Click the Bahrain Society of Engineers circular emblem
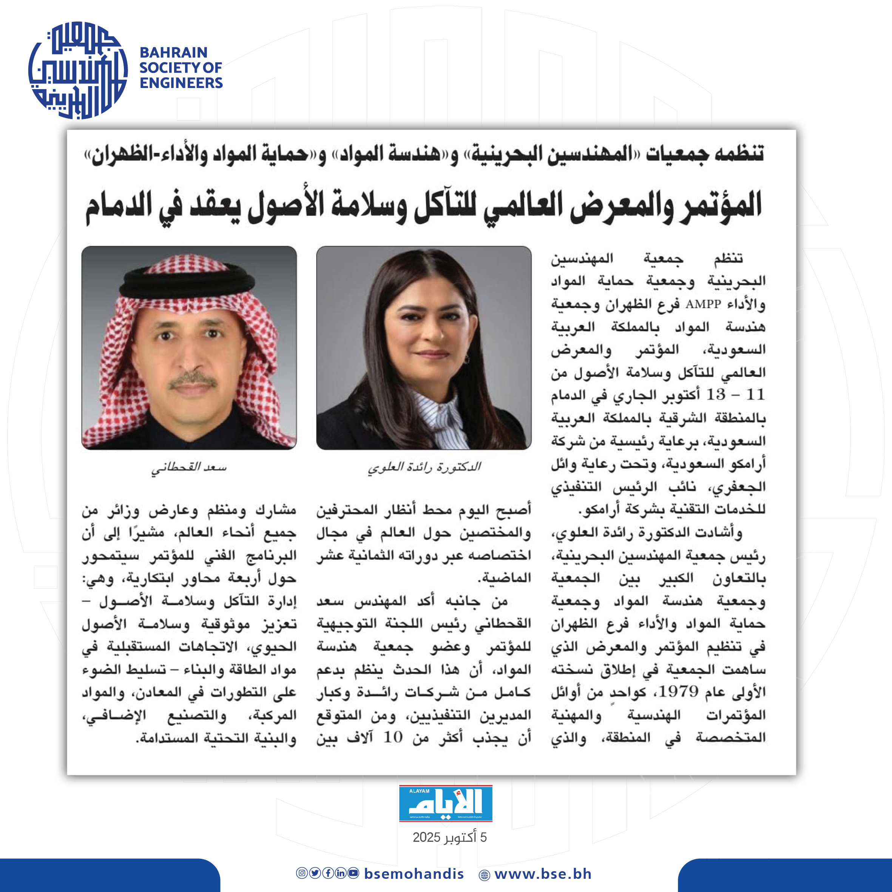point(77,70)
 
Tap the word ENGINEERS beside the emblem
point(181,83)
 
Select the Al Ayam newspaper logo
point(446,803)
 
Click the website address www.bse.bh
point(543,874)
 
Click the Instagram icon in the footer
point(301,873)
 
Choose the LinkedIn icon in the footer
point(340,873)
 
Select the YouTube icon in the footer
point(353,873)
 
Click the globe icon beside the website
point(484,875)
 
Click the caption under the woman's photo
point(424,467)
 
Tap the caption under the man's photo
point(189,467)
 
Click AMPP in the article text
point(703,304)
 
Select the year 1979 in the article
point(678,691)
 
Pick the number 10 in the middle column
point(393,737)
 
